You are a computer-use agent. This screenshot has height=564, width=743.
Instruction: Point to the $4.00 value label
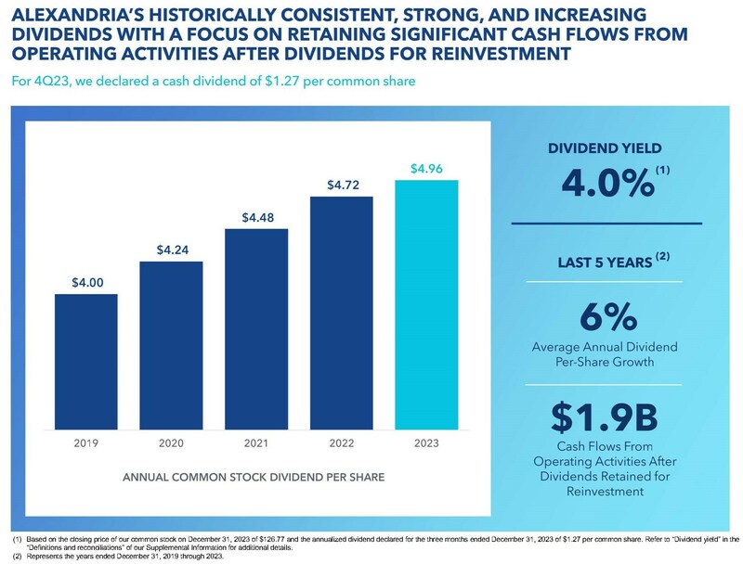tap(85, 281)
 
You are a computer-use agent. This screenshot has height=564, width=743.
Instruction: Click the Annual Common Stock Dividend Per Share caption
tap(255, 479)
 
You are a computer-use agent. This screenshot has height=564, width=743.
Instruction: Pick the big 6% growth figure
tap(605, 316)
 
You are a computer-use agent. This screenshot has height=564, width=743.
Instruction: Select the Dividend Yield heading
tap(604, 148)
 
